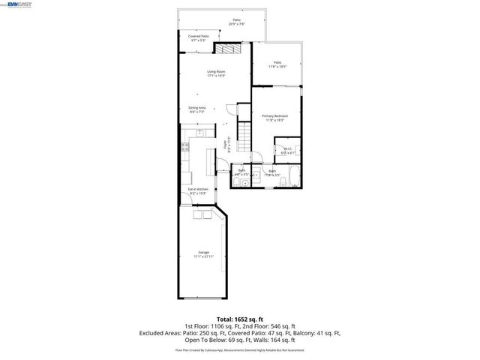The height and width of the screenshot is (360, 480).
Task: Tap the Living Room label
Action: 217,73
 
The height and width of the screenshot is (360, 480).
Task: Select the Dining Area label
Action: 197,109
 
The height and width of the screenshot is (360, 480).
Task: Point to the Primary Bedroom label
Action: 274,118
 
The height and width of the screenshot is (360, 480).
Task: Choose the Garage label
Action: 203,253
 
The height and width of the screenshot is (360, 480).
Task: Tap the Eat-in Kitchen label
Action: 197,191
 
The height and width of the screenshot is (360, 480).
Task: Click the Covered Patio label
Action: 199,37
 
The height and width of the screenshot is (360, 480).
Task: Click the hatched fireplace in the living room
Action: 226,47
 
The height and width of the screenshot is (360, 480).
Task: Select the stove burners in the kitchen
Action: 184,147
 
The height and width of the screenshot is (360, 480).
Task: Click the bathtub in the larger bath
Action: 294,178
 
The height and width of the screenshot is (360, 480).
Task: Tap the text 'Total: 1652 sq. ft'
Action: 240,319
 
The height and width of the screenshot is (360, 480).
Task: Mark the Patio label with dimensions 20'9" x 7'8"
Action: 236,22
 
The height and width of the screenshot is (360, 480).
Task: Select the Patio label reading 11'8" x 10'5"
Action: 277,64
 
